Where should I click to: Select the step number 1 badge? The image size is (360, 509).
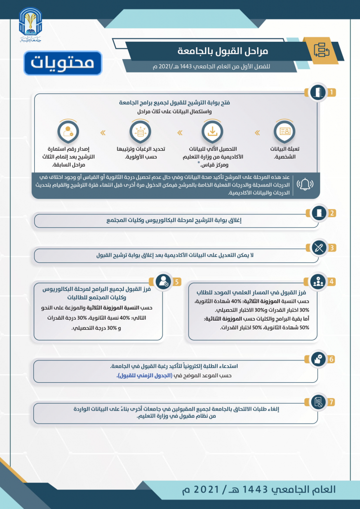[x=332, y=92]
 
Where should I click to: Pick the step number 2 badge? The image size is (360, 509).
[x=332, y=213]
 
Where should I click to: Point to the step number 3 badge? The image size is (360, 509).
[x=332, y=248]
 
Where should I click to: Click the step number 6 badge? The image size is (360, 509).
[x=332, y=358]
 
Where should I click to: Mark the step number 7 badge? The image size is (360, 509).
[x=332, y=401]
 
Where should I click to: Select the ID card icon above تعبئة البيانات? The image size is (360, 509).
[x=285, y=132]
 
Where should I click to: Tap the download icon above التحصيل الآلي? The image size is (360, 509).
[x=212, y=132]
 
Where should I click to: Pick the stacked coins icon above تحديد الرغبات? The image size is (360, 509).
[x=140, y=132]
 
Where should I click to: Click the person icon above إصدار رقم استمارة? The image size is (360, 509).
[x=68, y=132]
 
